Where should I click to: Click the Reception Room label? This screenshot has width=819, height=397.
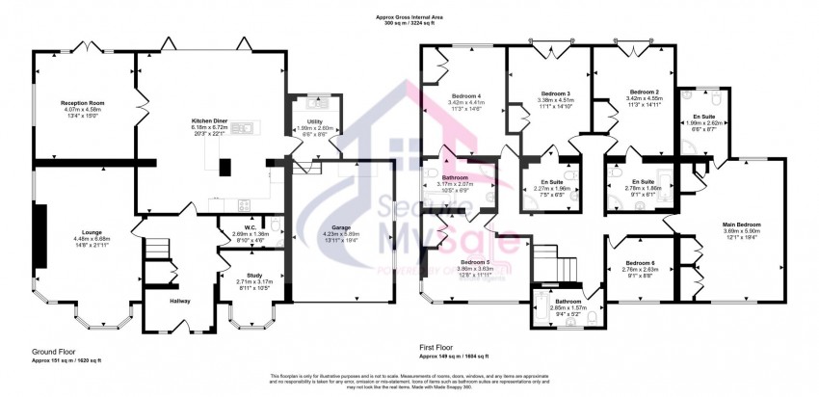pyautogui.click(x=82, y=103)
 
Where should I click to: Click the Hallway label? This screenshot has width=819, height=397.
pyautogui.click(x=180, y=302)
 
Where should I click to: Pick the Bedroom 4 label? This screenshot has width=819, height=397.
pyautogui.click(x=466, y=96)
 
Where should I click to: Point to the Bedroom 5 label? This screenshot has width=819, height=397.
pyautogui.click(x=474, y=262)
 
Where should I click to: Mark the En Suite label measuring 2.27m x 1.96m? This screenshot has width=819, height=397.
pyautogui.click(x=547, y=181)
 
